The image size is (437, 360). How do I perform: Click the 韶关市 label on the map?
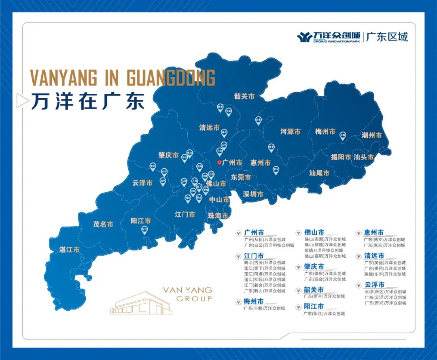244,96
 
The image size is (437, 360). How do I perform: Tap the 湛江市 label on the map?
69,250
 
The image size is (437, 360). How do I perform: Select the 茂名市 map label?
103,224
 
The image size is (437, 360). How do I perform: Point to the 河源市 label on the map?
291,132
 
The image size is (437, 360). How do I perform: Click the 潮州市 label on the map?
371,136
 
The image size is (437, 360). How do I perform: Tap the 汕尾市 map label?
319,173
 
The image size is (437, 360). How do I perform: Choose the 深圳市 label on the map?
253,195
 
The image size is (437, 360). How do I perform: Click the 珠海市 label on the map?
218,216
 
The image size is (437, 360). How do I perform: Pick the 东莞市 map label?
241,178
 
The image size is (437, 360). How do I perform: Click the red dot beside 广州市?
219,162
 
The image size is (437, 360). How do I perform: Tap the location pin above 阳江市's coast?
144,230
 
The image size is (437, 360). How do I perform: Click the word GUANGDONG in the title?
171,78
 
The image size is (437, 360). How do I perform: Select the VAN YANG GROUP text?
187,294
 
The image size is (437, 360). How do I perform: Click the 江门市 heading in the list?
254,256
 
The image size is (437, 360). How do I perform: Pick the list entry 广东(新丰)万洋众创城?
324,296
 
